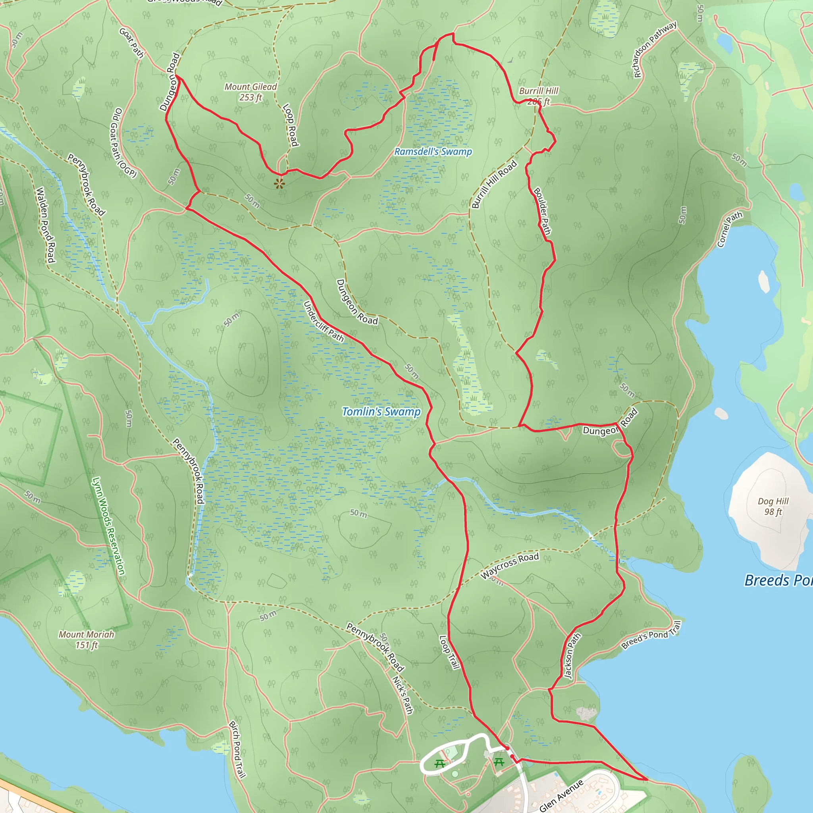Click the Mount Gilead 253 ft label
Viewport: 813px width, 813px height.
click(250, 92)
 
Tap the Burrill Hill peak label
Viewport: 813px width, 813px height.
click(538, 96)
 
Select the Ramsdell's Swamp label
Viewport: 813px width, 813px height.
click(433, 152)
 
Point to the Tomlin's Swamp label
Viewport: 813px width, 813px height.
click(381, 412)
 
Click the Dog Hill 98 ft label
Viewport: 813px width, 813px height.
click(773, 506)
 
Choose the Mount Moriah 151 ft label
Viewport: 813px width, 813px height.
click(86, 640)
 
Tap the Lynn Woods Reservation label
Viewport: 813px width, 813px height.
click(108, 526)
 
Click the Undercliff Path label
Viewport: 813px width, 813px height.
click(323, 322)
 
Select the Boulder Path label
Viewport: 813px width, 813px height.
click(542, 211)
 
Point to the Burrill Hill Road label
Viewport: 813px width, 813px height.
click(494, 185)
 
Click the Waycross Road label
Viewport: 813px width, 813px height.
click(510, 565)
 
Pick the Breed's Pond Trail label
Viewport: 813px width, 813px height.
click(651, 635)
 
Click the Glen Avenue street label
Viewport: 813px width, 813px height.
click(561, 795)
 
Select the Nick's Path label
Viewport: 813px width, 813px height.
click(402, 695)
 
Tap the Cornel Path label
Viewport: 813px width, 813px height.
click(729, 229)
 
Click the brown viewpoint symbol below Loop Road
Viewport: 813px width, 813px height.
click(279, 183)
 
